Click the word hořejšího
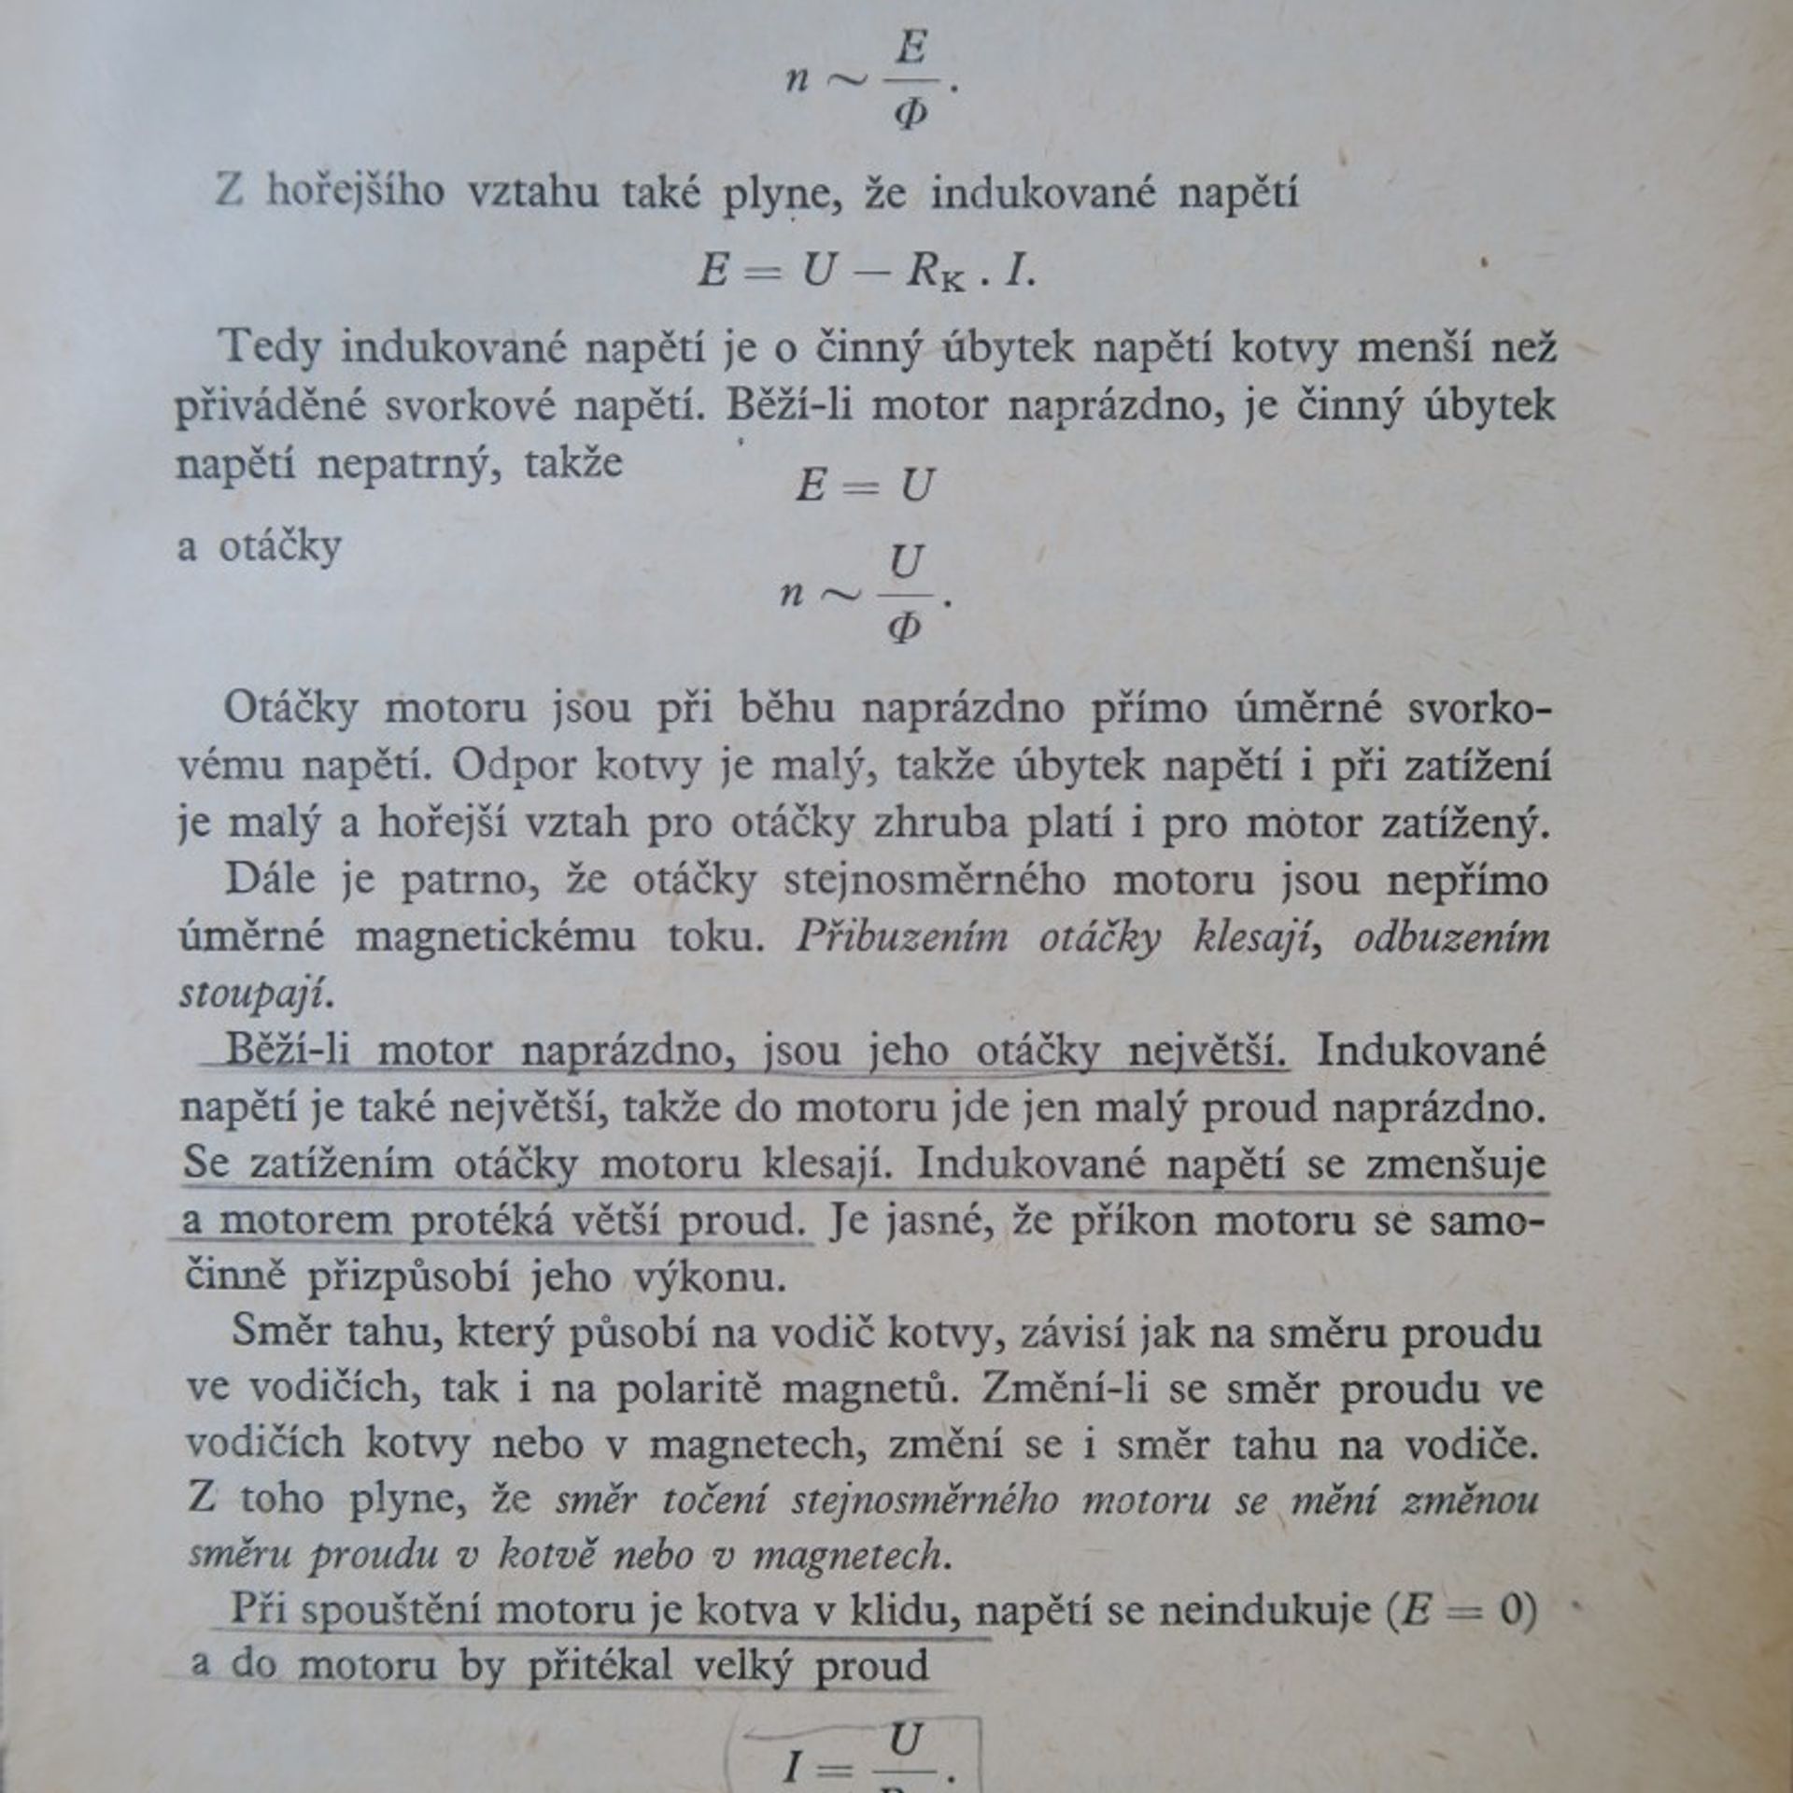coord(355,194)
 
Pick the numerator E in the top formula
coord(910,48)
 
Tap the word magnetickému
coord(496,938)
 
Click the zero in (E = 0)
coord(1510,1614)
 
